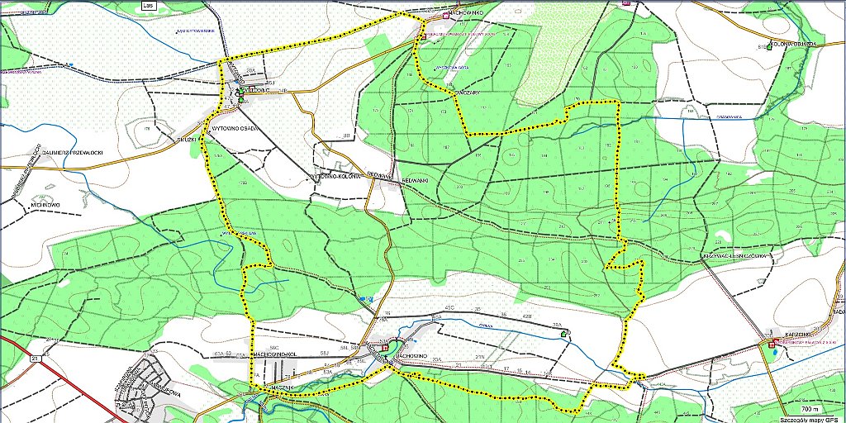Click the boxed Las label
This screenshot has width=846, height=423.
149,4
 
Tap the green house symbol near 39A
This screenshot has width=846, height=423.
565,333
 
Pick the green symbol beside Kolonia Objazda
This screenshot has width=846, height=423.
769,47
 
